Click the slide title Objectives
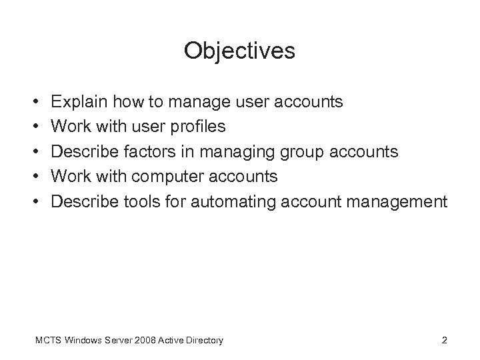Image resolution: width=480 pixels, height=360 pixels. (239, 51)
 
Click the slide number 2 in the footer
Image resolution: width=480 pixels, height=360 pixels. (444, 341)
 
